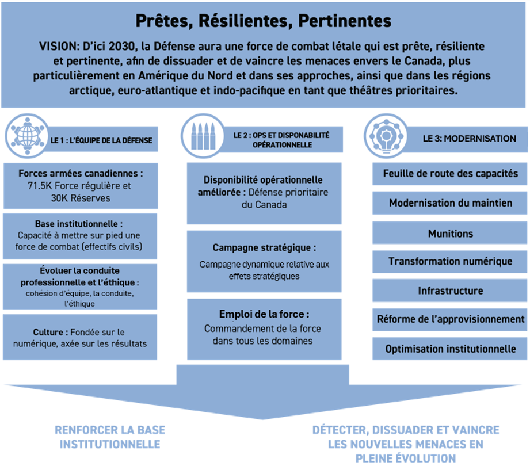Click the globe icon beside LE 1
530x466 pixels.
28,136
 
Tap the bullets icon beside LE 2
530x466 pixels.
203,136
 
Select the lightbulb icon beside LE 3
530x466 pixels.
386,136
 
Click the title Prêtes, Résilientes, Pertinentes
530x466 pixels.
264,21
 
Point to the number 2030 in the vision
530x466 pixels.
121,46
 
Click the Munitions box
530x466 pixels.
449,233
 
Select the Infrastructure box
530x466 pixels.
449,291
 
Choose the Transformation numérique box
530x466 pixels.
449,261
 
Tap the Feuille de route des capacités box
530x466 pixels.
449,174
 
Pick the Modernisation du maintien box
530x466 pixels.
449,203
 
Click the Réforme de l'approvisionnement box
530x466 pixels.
449,319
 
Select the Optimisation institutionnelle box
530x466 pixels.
449,349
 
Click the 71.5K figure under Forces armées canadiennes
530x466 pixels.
40,186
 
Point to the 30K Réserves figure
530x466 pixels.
81,198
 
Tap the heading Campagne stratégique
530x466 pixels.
264,248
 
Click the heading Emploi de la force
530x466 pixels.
264,314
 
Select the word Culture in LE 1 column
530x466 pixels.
48,332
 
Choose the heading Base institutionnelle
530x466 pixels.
79,224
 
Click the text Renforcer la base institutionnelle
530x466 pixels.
110,437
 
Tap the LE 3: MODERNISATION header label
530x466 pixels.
469,139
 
